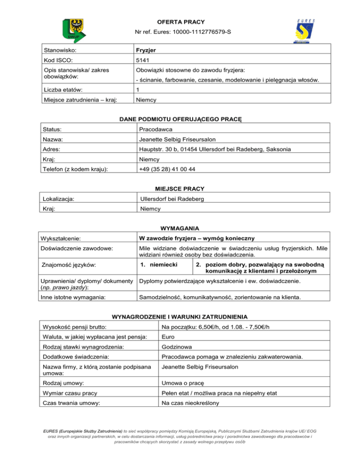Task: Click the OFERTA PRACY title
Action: click(180, 22)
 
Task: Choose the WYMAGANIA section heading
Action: click(180, 230)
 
